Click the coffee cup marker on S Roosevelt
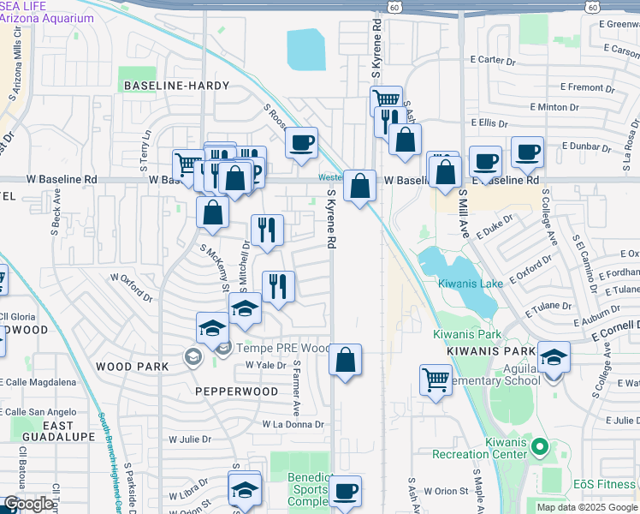pos(300,142)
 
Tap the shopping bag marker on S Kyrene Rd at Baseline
pos(360,185)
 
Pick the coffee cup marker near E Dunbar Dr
pos(527,152)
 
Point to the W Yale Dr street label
pos(264,365)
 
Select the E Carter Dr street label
pos(494,60)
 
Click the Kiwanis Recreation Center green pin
pos(539,446)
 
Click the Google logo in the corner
pos(27,504)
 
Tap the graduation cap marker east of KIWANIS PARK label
pos(553,356)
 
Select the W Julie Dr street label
pos(189,439)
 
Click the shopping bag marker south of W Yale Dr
pos(345,360)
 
